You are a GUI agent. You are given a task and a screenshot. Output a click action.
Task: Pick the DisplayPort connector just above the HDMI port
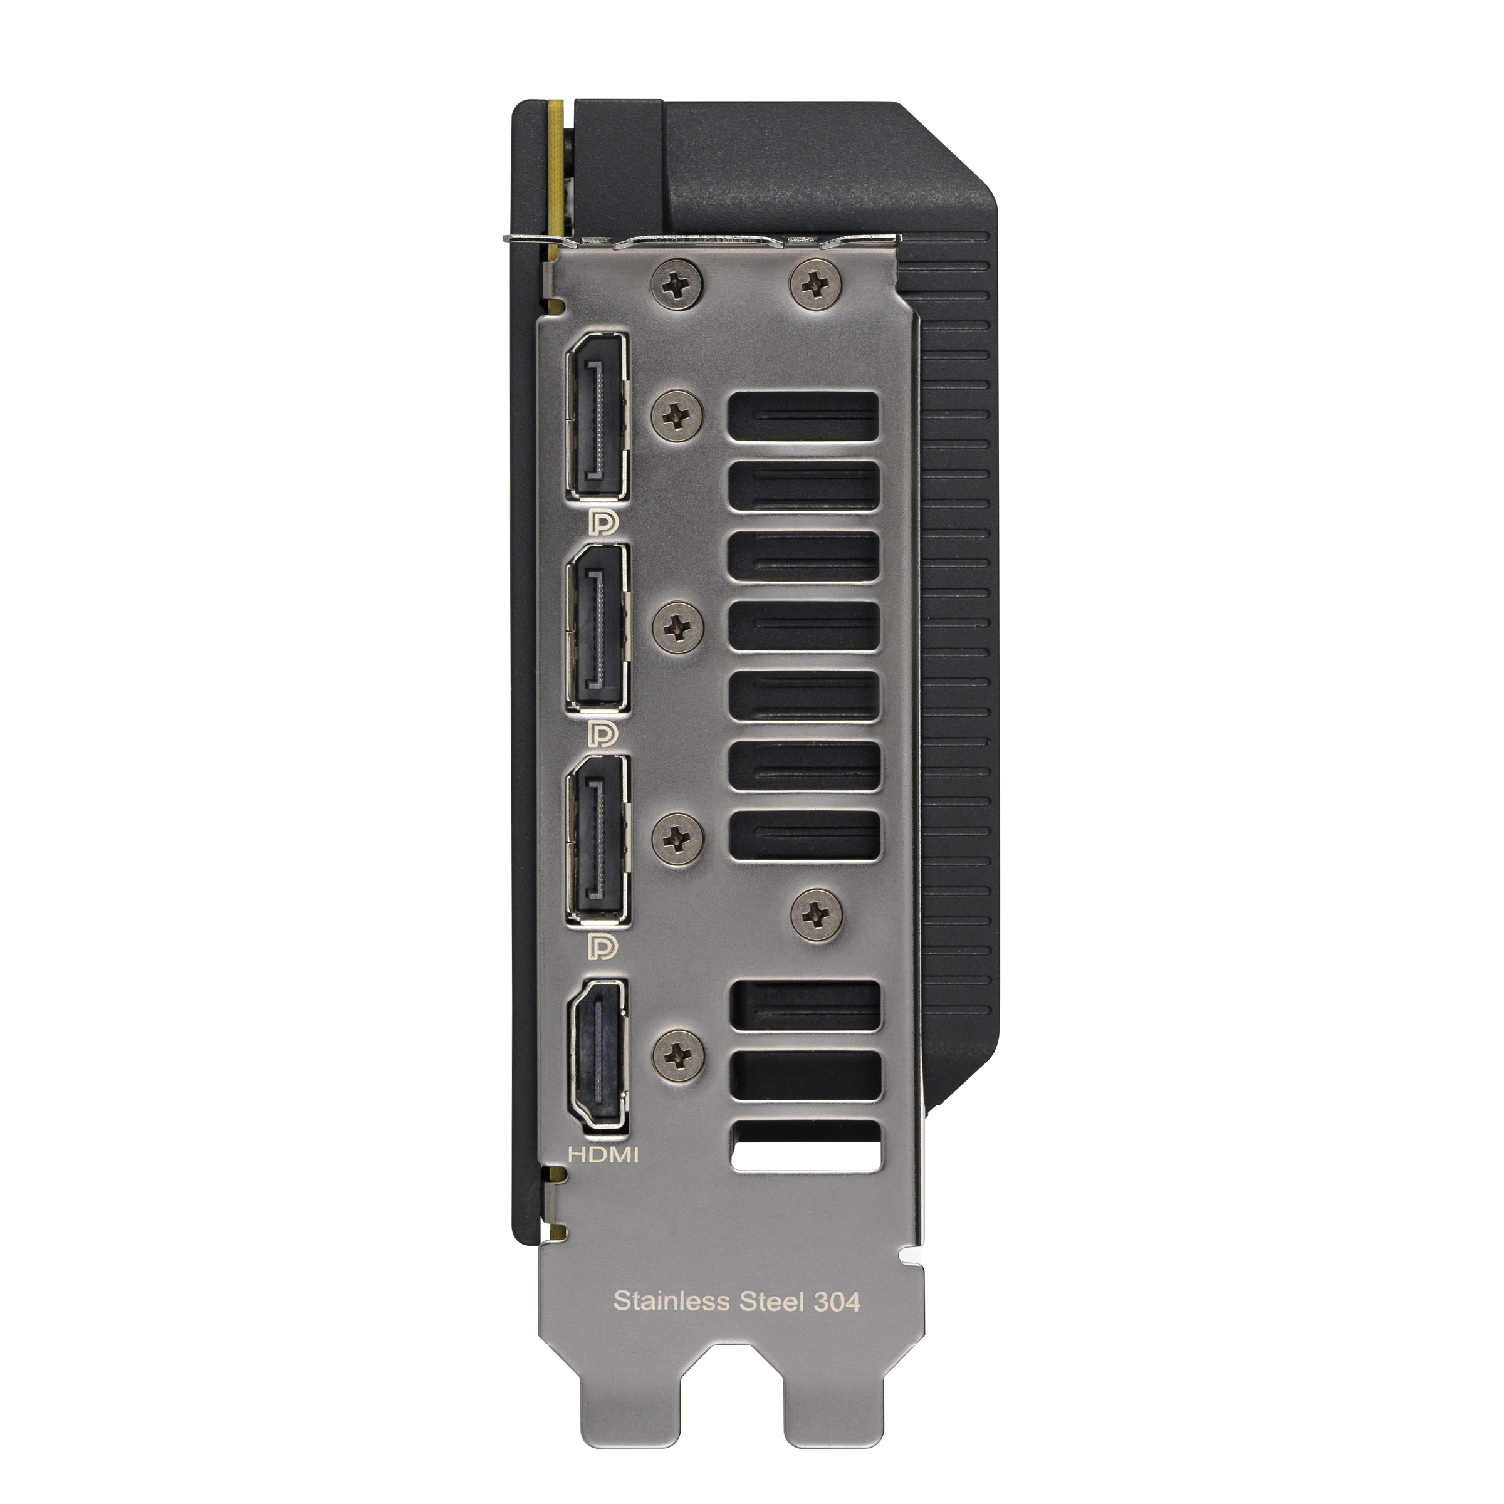598,842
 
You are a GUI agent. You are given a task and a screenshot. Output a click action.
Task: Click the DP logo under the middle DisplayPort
604,733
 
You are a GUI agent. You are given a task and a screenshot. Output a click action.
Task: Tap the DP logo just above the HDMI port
604,947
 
